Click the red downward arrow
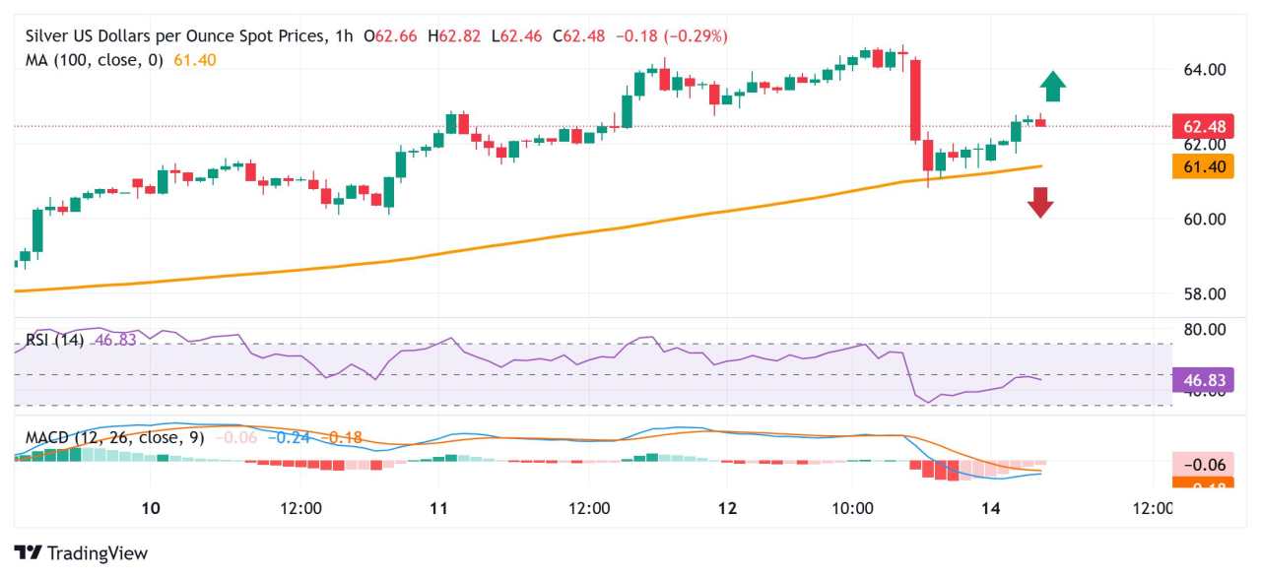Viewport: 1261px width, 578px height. [x=1040, y=202]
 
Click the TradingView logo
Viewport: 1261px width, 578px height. [x=81, y=553]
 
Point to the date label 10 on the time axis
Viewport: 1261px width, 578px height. [x=151, y=508]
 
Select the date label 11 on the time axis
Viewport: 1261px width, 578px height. [x=439, y=508]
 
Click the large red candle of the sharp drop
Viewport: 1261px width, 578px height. [x=915, y=99]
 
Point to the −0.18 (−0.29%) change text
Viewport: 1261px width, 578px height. [x=671, y=36]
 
